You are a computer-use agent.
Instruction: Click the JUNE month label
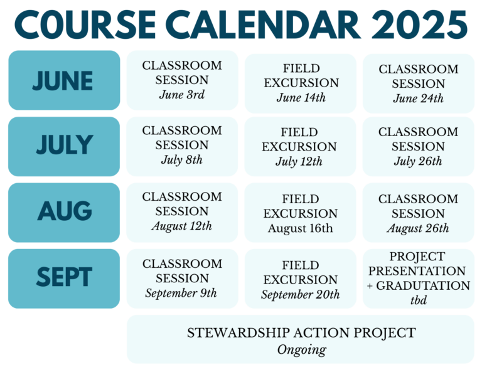coord(62,80)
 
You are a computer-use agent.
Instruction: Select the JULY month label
coord(65,144)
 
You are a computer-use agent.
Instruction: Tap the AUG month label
coord(65,211)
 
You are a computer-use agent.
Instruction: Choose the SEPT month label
coord(64,277)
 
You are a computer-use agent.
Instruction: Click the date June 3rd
coord(181,95)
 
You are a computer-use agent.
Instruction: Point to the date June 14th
coord(301,98)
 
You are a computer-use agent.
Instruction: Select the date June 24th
coord(419,98)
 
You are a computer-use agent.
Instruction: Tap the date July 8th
coord(181,160)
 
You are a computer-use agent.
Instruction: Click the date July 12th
coord(299,162)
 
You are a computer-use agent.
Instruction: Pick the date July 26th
coord(418,161)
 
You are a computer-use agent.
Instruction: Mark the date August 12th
coord(181,226)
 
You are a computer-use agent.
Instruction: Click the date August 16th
coord(301,228)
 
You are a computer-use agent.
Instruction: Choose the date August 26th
coord(418,228)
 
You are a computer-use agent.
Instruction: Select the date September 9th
coord(181,294)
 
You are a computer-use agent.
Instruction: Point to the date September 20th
coord(301,295)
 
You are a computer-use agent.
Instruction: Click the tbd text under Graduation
coord(419,300)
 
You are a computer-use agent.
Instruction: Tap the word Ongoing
coord(301,350)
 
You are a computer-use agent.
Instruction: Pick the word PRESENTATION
coord(417,271)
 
